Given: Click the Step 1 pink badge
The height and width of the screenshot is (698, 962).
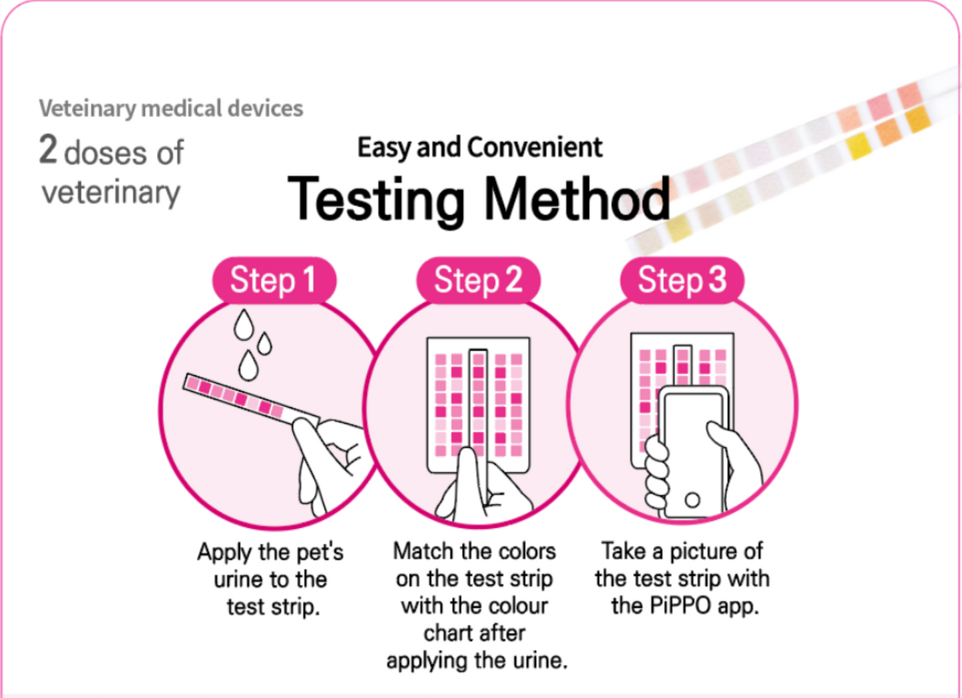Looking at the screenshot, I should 274,280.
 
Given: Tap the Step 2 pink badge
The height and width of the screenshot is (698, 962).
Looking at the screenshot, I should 478,280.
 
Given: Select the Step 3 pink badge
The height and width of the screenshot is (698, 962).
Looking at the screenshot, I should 682,280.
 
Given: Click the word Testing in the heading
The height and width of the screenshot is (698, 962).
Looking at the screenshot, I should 376,200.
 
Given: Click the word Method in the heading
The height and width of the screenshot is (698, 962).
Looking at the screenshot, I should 577,200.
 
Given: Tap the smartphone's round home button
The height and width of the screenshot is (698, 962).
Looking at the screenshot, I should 692,500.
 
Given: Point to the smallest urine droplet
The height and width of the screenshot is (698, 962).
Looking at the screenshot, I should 265,344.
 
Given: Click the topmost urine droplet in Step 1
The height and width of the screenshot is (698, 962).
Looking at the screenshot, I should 244,324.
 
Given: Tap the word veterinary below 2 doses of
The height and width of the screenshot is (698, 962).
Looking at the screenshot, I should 111,193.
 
